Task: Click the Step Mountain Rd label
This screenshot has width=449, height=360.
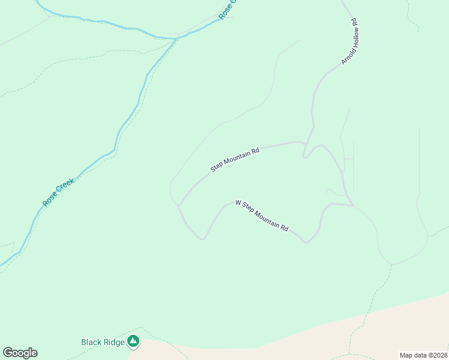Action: tap(235, 160)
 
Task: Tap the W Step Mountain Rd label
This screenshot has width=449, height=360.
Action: tap(262, 216)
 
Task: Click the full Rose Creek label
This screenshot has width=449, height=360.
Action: tap(59, 192)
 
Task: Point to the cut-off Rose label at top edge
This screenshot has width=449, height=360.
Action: tap(227, 10)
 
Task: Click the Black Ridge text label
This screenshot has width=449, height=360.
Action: tap(103, 342)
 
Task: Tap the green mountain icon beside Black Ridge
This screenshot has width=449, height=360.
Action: tap(133, 342)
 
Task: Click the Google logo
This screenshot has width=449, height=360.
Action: tap(20, 353)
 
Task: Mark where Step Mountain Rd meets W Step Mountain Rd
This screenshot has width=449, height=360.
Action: tap(178, 206)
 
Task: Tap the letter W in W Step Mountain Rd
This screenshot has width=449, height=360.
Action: tap(238, 203)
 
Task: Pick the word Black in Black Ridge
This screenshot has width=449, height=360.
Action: tap(91, 342)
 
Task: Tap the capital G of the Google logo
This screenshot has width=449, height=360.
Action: tap(8, 353)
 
